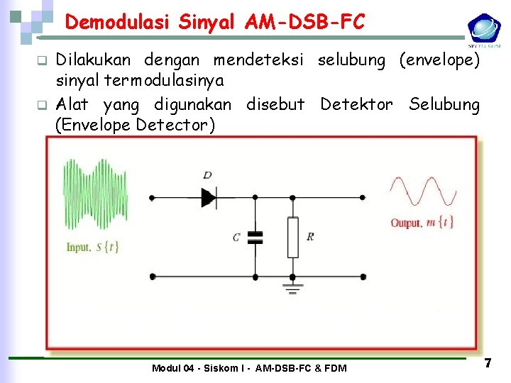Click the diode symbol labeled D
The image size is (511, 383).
209,196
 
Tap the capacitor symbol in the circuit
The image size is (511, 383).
255,238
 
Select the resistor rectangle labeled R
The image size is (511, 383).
292,237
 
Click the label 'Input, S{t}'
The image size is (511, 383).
92,248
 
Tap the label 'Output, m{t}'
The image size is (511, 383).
423,223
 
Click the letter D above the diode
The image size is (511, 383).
207,174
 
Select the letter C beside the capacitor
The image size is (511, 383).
236,238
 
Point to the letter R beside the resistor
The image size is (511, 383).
310,237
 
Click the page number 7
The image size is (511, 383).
488,363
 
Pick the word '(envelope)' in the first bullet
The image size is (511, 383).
439,61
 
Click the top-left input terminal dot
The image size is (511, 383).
151,196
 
